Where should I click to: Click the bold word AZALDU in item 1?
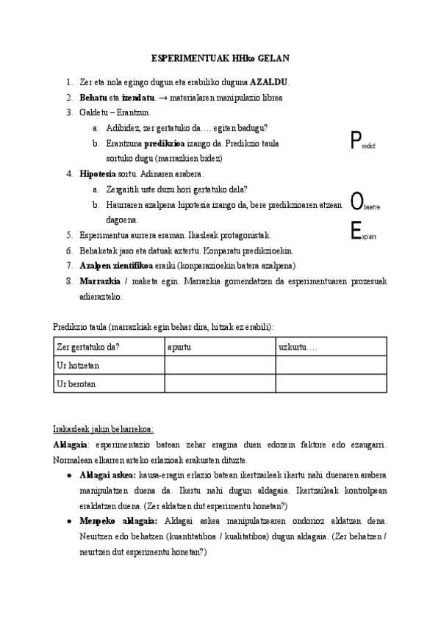(270, 82)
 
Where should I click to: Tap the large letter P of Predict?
(356, 140)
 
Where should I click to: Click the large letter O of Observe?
(356, 201)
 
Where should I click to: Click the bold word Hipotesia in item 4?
(98, 174)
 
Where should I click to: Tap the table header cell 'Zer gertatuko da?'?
(88, 347)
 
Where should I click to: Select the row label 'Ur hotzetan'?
(78, 365)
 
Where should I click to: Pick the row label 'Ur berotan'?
(76, 383)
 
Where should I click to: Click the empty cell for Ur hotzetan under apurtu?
(219, 365)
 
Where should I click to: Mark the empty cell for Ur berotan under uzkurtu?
(331, 383)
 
